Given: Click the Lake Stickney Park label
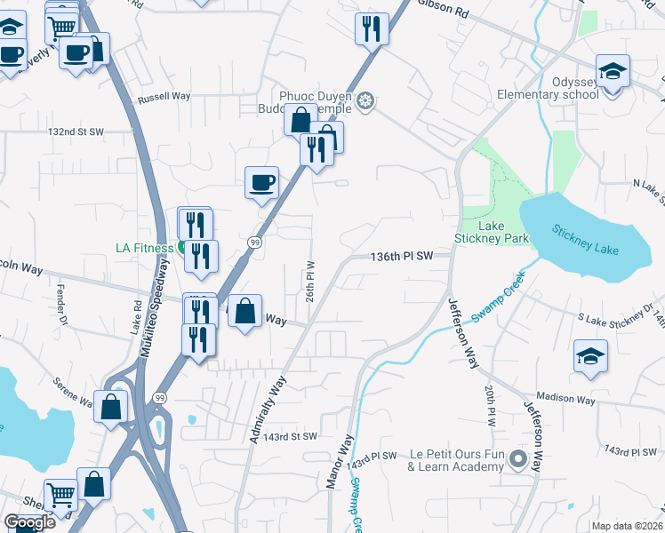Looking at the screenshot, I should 492,231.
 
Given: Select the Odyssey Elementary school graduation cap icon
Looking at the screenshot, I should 613,72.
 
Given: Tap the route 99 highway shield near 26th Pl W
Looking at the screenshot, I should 254,243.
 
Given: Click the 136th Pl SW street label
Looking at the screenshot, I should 402,256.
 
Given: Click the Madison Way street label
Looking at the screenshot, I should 565,400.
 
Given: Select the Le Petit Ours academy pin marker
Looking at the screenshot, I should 519,460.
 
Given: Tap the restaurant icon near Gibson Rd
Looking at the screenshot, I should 371,28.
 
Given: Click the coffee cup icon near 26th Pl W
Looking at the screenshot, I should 261,182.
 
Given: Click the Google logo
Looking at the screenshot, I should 29,522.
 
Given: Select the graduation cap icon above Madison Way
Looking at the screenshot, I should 590,357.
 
